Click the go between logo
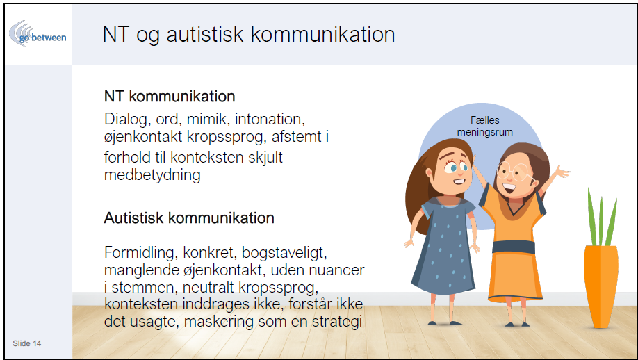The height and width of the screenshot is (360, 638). (38, 34)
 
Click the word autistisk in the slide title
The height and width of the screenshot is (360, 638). (204, 34)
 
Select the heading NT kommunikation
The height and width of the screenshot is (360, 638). (170, 97)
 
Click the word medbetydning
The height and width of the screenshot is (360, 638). (152, 175)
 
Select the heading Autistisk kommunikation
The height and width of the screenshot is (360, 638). (189, 218)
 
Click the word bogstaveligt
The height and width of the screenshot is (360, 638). (284, 252)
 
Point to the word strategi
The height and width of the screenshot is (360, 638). (337, 322)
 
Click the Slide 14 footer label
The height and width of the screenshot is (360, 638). (27, 343)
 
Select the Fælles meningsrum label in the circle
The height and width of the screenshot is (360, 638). (484, 126)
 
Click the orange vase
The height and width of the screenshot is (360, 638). (600, 286)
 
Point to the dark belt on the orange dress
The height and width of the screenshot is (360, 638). (513, 247)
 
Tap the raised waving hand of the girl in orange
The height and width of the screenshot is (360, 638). (562, 172)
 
